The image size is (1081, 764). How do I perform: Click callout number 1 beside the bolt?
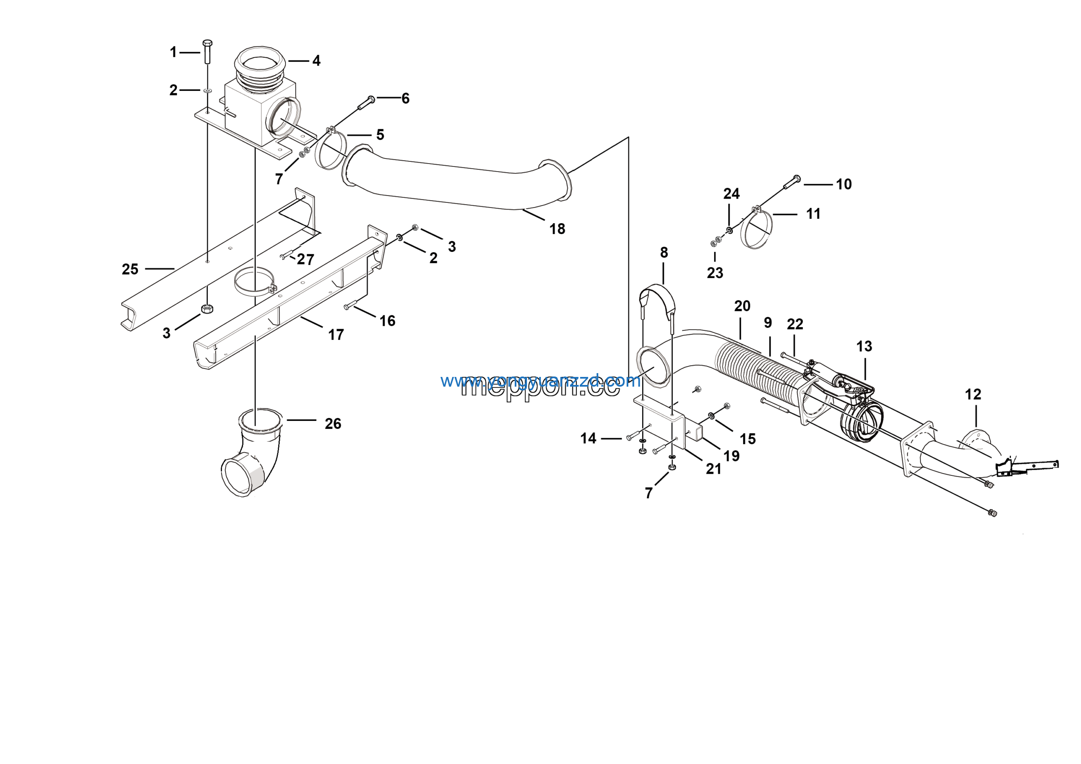(x=173, y=52)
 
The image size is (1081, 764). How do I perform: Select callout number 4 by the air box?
(x=316, y=61)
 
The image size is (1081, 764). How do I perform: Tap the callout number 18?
(x=557, y=229)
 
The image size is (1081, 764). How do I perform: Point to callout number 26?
(x=333, y=423)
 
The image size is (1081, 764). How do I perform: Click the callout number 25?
(x=130, y=270)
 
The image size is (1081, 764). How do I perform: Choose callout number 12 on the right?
(x=973, y=394)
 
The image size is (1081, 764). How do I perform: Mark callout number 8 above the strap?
(x=664, y=252)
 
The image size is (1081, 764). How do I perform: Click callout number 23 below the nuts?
(x=715, y=273)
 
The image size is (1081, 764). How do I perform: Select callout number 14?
(x=588, y=439)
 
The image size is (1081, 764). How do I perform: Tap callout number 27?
(x=306, y=259)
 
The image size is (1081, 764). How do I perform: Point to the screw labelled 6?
(x=366, y=103)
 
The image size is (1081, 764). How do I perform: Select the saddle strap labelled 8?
(x=657, y=301)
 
